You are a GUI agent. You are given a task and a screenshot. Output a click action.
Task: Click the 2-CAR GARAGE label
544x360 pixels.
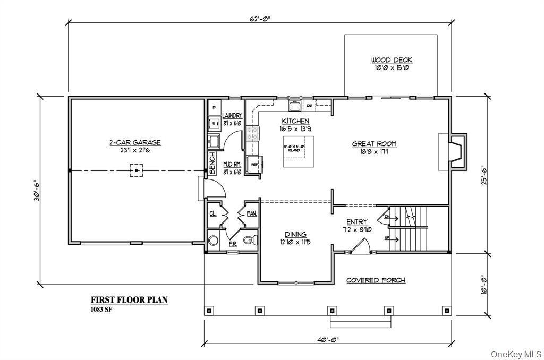click(x=134, y=142)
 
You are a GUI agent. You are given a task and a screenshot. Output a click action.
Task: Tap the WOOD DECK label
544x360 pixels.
click(x=392, y=60)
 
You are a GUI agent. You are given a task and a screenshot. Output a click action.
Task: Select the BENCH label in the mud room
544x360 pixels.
click(x=212, y=164)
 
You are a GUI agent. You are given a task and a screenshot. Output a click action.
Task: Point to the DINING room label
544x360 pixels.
click(x=295, y=234)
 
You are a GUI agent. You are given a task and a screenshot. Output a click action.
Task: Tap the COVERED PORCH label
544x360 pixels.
click(x=376, y=280)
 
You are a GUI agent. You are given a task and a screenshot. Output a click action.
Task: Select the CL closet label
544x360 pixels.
click(x=212, y=214)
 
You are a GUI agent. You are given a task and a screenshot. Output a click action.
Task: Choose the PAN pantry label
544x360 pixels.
click(x=251, y=213)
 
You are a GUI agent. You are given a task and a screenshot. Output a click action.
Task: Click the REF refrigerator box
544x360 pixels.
click(x=254, y=165)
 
